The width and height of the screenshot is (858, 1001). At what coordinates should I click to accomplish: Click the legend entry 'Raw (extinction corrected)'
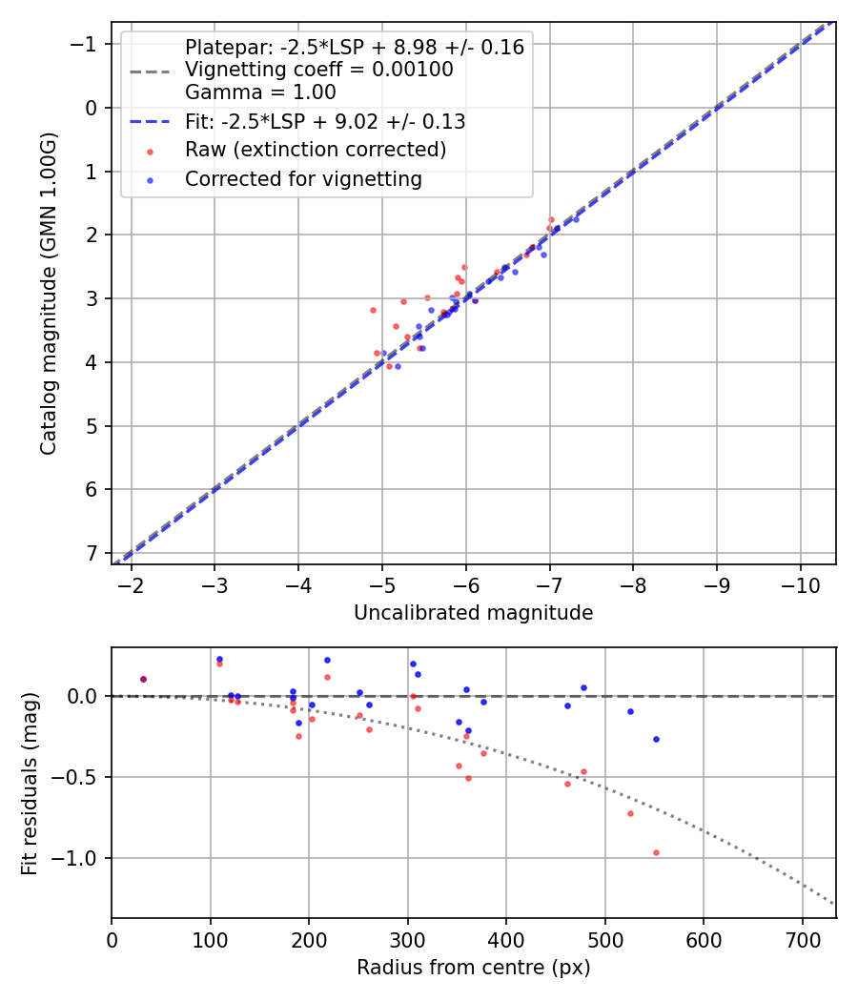315,150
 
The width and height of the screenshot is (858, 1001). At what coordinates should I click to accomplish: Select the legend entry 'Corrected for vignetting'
303,178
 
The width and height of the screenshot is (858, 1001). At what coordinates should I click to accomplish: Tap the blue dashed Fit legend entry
324,121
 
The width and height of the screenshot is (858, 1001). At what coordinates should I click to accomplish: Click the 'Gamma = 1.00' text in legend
260,92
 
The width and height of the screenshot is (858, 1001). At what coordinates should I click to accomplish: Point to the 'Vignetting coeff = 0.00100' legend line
318,70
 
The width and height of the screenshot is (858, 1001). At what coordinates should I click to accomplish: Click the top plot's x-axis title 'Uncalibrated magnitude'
473,613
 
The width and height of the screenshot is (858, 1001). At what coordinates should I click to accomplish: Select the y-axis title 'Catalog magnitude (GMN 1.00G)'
49,294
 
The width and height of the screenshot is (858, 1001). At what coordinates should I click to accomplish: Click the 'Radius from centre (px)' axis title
473,968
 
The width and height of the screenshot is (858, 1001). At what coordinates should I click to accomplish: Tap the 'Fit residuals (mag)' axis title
30,783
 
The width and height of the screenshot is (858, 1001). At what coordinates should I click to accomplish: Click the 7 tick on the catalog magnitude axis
92,553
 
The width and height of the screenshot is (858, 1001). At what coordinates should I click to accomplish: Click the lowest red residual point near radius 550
656,852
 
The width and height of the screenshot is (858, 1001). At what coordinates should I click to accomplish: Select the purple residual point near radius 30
143,679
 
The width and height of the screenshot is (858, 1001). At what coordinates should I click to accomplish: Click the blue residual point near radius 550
656,739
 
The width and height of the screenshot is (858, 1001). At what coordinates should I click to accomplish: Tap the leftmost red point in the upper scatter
373,310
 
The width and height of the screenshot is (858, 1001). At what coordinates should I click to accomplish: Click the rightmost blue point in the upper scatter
576,219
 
